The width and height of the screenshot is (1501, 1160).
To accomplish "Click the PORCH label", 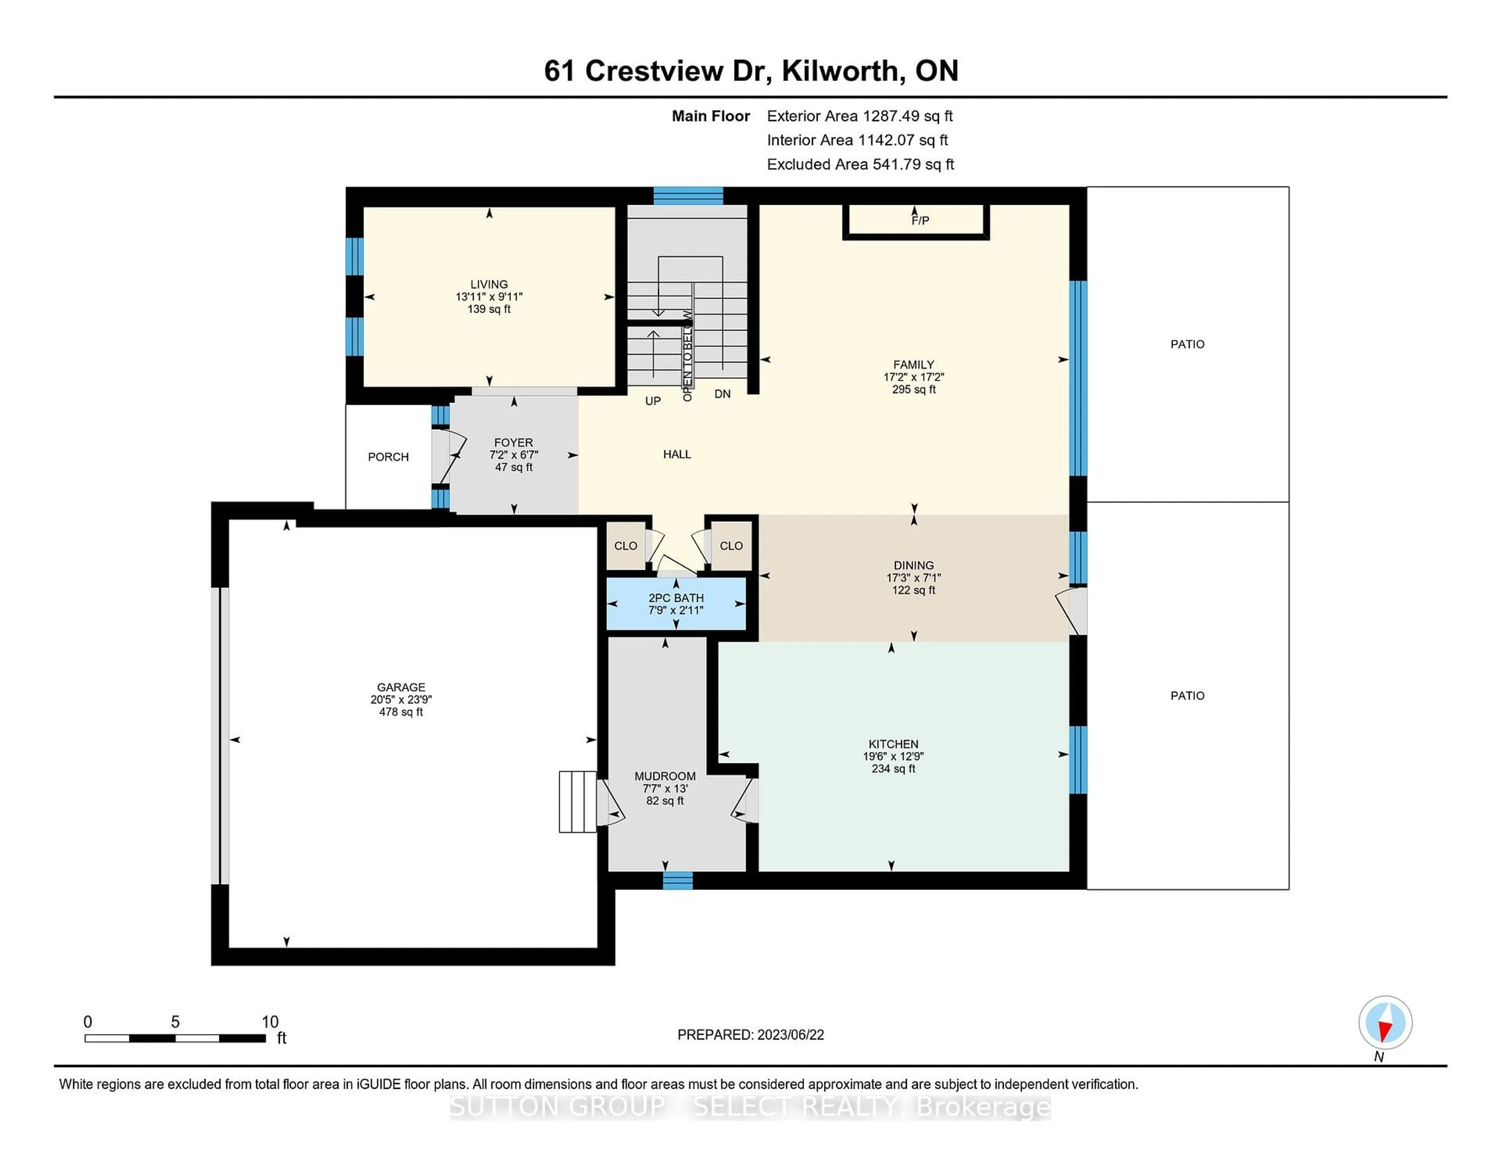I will [388, 457].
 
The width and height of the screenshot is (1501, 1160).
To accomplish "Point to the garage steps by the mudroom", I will [577, 802].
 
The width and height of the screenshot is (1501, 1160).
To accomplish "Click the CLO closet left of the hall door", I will [625, 546].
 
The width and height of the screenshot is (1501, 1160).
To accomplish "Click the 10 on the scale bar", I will [270, 1022].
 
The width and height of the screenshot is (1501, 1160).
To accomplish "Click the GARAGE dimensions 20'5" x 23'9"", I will [401, 700].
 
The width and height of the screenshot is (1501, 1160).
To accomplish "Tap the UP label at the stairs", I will [652, 401].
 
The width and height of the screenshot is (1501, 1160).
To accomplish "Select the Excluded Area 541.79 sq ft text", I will [860, 164].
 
